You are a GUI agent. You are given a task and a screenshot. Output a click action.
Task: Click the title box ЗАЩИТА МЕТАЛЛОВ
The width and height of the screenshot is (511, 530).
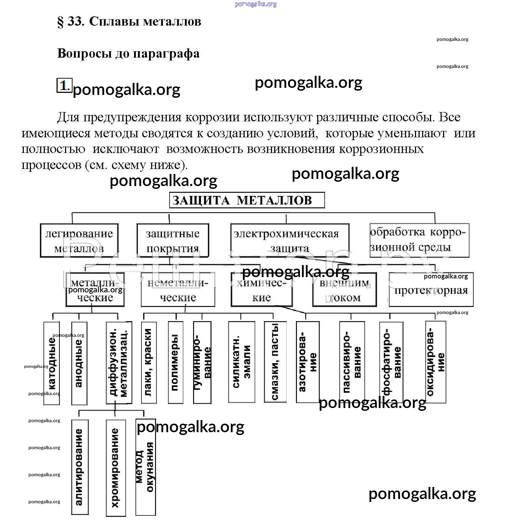click(x=247, y=200)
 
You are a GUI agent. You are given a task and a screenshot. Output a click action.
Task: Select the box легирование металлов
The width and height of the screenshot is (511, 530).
click(x=79, y=240)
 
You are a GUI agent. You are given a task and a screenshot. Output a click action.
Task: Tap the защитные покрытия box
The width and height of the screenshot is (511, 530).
click(x=173, y=240)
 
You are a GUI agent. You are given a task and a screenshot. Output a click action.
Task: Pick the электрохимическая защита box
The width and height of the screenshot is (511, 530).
click(x=289, y=240)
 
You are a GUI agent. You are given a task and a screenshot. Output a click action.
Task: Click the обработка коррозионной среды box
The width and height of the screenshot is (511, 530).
click(x=419, y=240)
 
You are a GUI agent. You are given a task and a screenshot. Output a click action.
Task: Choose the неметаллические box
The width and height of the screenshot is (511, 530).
click(x=178, y=290)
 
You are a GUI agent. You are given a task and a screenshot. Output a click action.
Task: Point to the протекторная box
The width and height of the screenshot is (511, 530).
click(x=431, y=290)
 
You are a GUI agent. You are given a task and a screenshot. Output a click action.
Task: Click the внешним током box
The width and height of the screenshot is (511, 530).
click(x=344, y=290)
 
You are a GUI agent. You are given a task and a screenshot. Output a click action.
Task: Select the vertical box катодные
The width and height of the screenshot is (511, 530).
click(x=52, y=363)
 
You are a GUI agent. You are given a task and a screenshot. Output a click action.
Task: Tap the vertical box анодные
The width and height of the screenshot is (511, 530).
click(x=79, y=363)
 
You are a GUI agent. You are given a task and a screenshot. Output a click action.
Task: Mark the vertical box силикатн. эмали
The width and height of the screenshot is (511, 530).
click(x=241, y=362)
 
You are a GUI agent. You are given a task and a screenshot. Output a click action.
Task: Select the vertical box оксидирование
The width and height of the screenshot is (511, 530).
click(x=436, y=362)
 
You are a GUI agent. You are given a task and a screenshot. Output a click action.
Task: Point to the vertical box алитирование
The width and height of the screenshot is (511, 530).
click(x=80, y=467)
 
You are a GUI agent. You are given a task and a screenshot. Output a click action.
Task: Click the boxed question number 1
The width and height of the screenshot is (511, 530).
click(x=64, y=85)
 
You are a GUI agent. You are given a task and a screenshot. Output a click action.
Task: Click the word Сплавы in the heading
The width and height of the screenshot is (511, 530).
click(x=113, y=22)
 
